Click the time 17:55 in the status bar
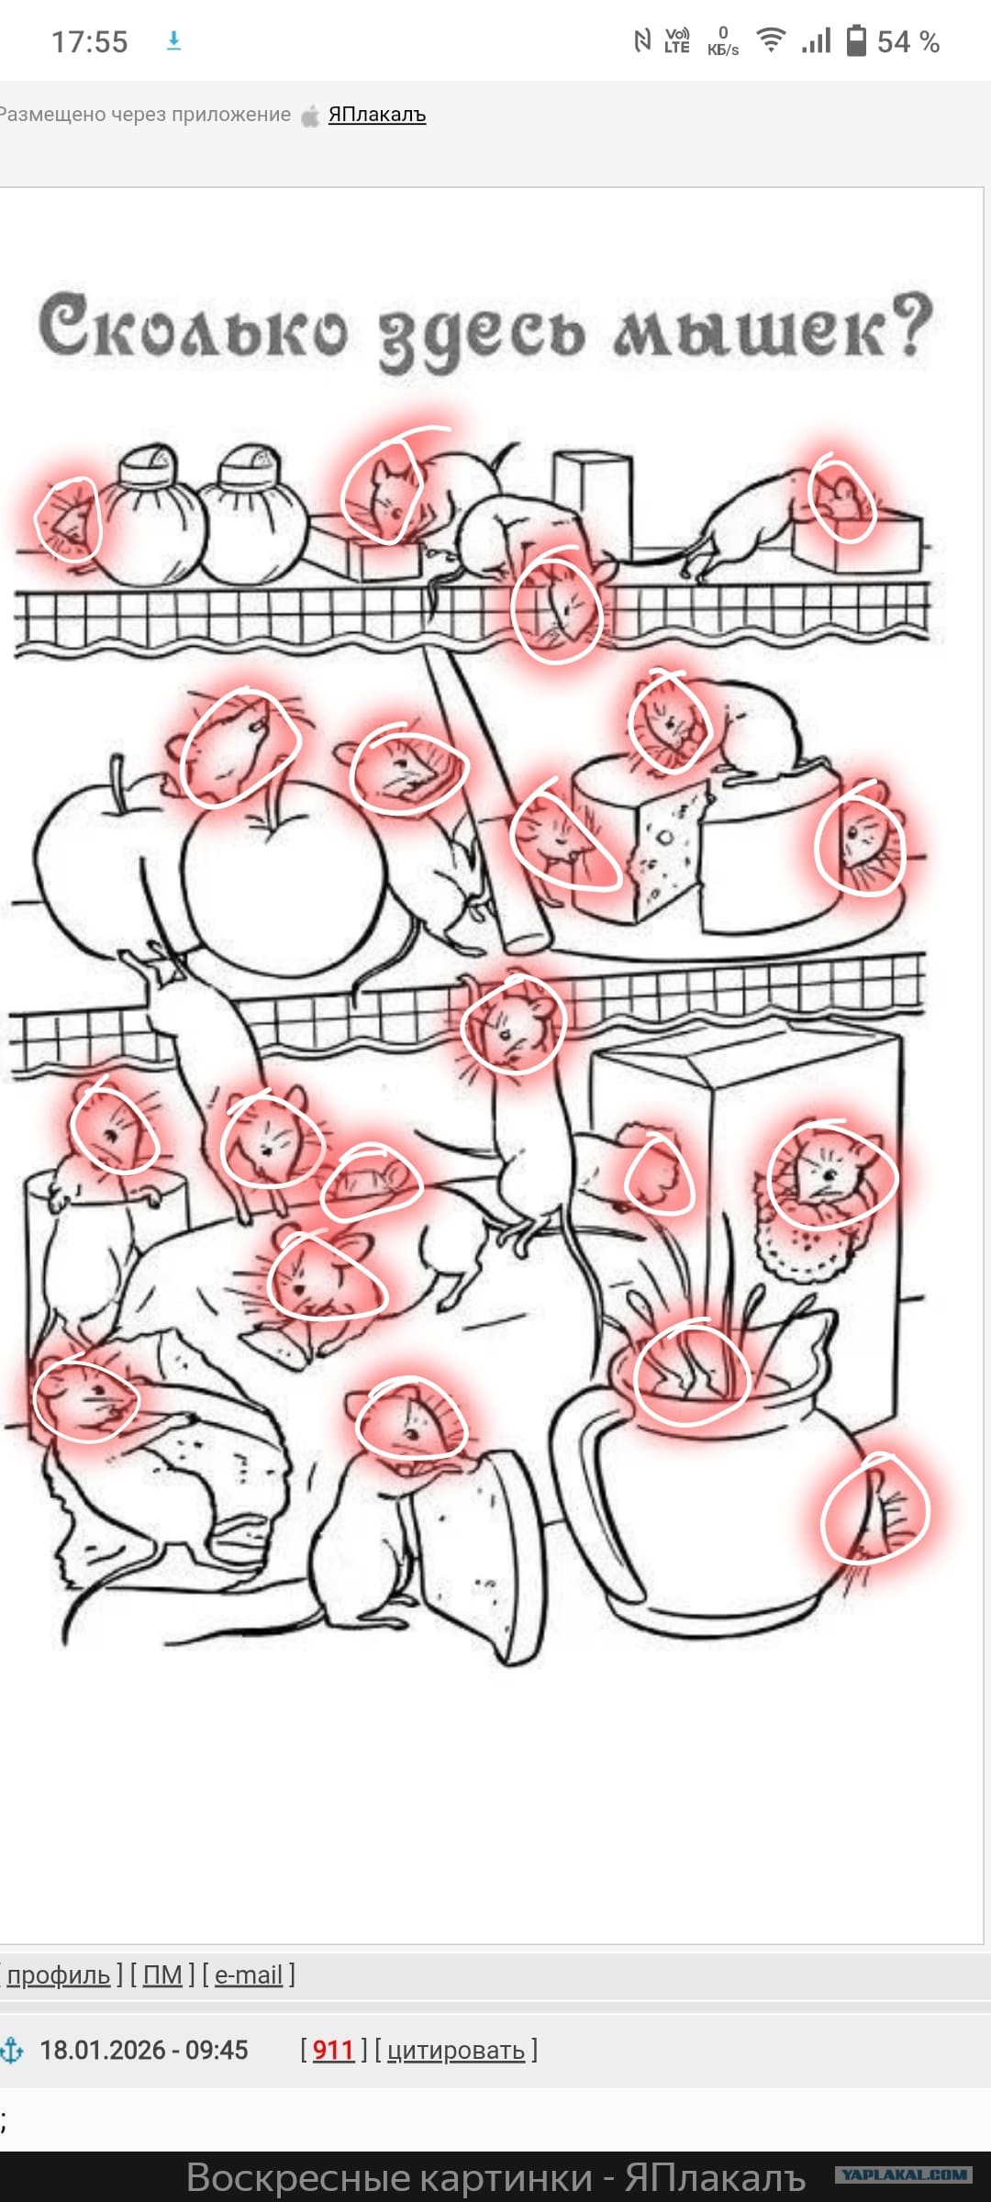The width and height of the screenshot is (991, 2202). pos(89,41)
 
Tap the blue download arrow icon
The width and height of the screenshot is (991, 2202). pos(173,40)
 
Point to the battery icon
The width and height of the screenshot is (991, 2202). pos(855,40)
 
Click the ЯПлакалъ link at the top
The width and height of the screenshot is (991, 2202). pos(377,115)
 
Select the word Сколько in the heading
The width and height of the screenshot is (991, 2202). pos(194,328)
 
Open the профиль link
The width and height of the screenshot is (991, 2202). pos(59,1974)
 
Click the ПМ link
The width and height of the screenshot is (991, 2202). pos(162,1974)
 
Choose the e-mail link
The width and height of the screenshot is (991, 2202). pos(248,1974)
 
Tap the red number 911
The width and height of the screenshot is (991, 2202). pos(333,2050)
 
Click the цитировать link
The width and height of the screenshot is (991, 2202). pos(455,2050)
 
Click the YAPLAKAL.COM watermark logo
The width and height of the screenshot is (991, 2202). pos(904,2174)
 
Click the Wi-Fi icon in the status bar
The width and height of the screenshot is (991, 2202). pos(771,39)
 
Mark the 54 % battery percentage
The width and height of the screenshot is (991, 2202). pos(907,41)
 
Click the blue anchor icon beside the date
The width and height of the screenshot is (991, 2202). pos(12,2050)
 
